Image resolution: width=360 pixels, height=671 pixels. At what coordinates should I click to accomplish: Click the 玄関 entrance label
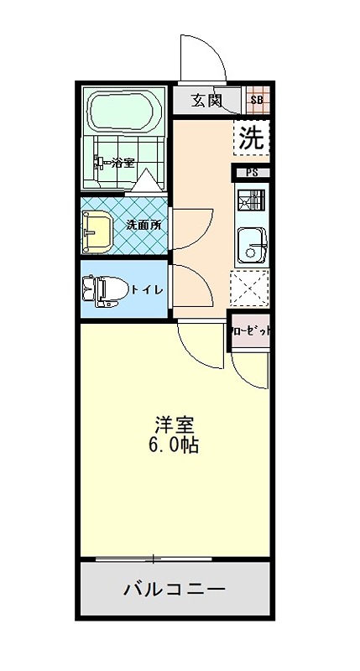[206, 101]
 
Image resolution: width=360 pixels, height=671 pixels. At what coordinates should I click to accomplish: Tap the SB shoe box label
[257, 101]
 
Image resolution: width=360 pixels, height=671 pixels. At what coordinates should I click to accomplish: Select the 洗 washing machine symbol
[251, 138]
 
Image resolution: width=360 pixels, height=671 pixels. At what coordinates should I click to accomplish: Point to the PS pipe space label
[253, 174]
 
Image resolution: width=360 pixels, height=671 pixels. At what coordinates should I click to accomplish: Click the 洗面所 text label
[143, 225]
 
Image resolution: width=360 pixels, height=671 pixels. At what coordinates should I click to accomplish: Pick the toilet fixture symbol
[103, 289]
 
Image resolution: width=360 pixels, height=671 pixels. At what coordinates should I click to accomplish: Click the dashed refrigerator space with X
[250, 290]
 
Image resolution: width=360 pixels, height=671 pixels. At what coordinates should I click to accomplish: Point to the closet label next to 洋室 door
[251, 330]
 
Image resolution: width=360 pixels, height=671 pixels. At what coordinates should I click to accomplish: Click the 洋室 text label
[175, 424]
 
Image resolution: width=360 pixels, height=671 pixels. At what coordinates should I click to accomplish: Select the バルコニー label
[175, 590]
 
